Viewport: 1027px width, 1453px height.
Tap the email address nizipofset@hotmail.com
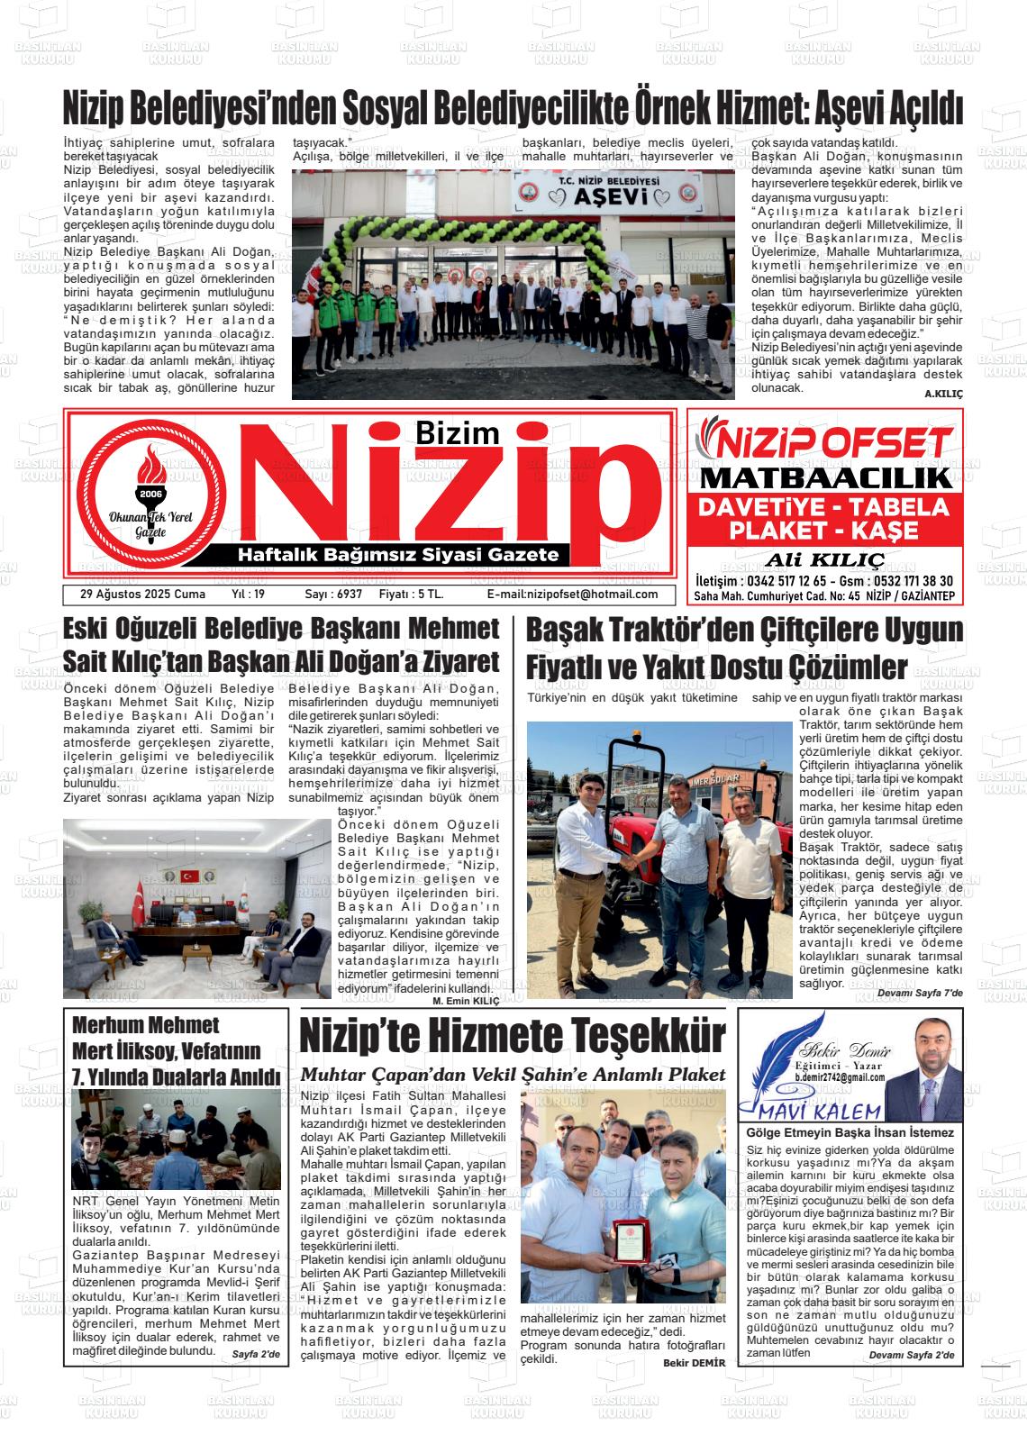point(572,595)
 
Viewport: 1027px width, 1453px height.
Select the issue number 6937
point(333,595)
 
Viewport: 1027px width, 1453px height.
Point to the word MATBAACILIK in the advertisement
point(825,477)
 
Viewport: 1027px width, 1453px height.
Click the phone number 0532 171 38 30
point(903,582)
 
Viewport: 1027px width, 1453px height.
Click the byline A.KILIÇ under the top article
point(943,395)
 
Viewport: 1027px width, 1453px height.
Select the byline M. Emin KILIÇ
point(466,1001)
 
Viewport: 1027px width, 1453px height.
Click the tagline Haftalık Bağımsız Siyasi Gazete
point(397,555)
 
